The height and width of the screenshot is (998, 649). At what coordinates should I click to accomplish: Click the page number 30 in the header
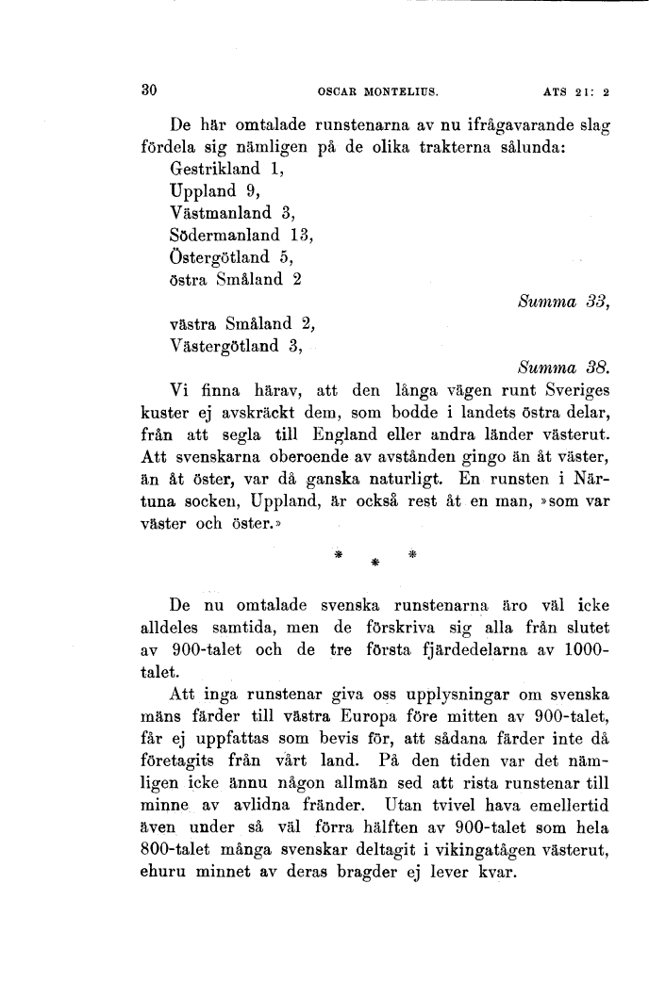tap(147, 90)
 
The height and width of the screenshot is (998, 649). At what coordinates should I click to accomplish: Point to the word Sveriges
tap(572, 389)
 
